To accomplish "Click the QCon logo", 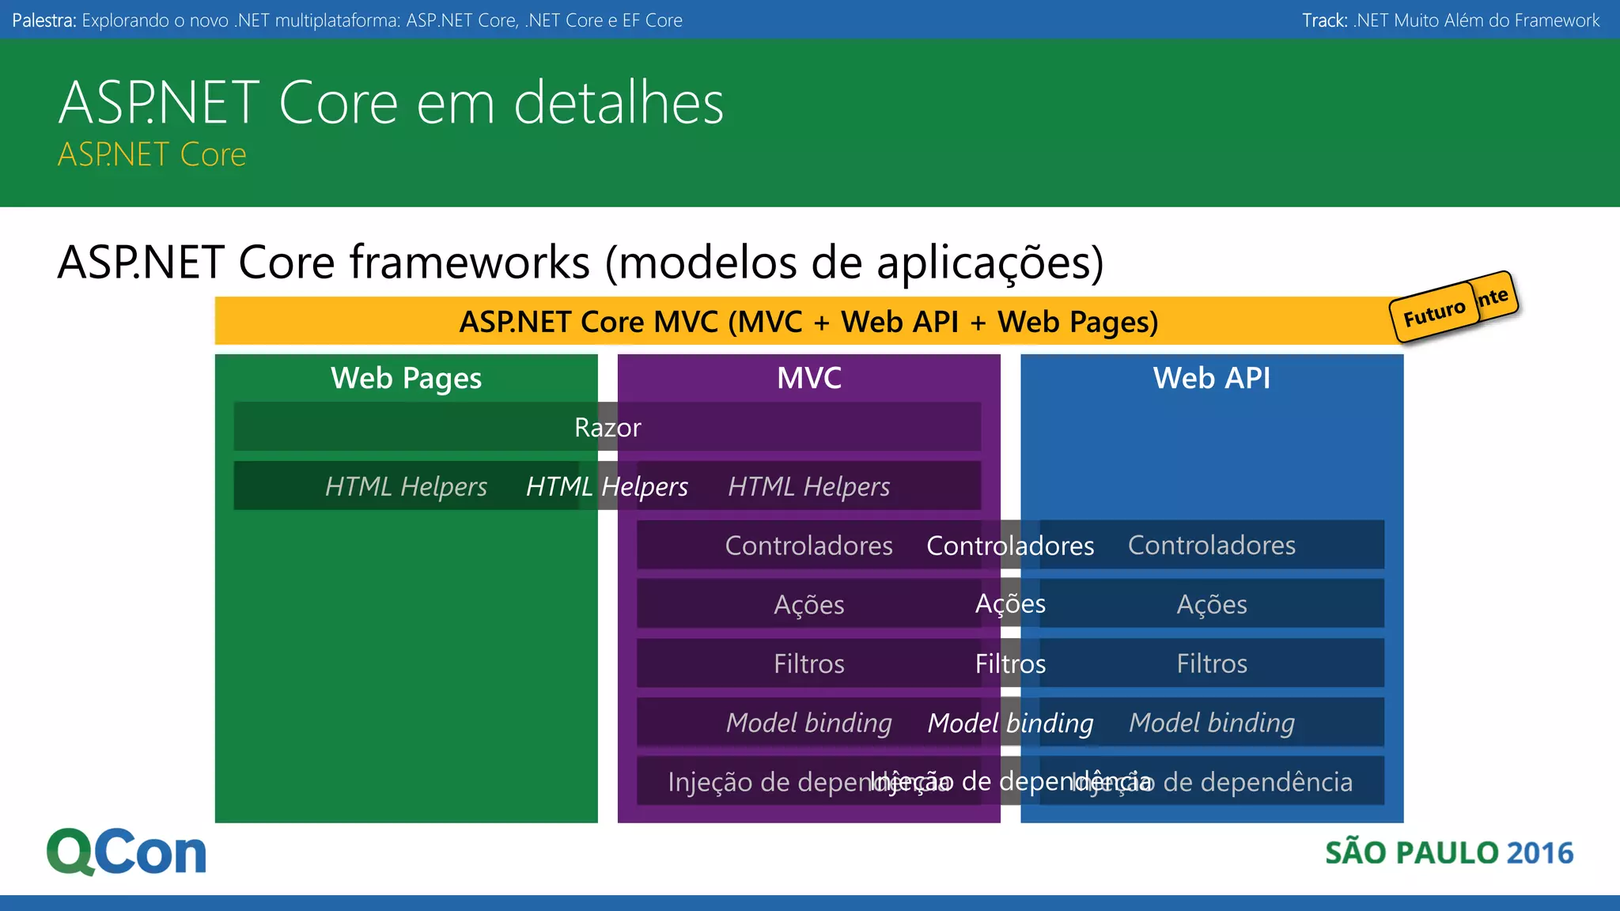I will [127, 852].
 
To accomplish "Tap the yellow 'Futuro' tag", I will [1433, 314].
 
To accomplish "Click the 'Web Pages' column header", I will [406, 378].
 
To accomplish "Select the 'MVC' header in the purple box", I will [808, 378].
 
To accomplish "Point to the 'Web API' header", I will [1211, 378].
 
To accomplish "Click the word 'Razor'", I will [607, 427].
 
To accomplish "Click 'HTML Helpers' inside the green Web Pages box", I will [406, 486].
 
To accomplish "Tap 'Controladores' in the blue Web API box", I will [1211, 545].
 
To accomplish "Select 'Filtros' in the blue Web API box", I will [1211, 663].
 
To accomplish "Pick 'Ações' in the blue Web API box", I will [1211, 604].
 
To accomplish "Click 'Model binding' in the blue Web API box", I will [1211, 723].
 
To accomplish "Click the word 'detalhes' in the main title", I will [619, 103].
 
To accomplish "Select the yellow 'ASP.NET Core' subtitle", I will [152, 154].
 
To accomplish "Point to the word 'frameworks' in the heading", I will [470, 262].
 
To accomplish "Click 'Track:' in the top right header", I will [1325, 21].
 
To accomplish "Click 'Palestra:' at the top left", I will [44, 21].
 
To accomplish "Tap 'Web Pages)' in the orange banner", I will [1077, 322].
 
